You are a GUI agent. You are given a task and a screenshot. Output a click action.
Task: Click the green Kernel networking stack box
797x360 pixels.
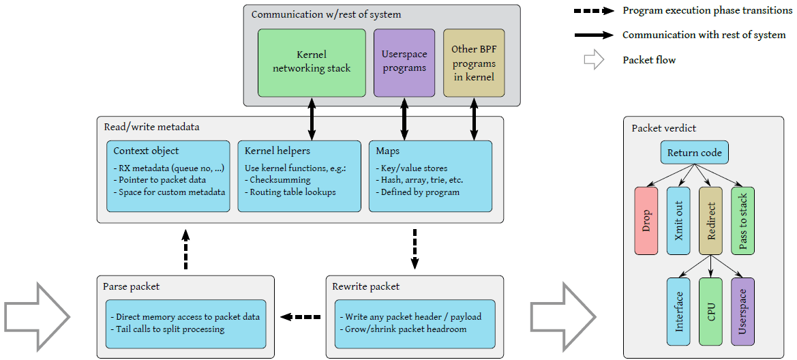point(312,62)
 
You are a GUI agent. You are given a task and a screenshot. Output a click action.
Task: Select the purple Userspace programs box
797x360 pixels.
point(404,62)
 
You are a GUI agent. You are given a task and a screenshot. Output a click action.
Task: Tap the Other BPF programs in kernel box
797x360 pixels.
point(474,62)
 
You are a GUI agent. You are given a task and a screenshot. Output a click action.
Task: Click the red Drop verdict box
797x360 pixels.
point(646,220)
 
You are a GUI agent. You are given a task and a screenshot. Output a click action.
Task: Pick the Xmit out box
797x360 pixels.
point(678,220)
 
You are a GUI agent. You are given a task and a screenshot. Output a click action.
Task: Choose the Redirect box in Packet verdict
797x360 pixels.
point(710,220)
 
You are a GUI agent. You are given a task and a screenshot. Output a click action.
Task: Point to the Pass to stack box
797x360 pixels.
point(742,220)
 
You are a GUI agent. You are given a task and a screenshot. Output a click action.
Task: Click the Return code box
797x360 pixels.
point(694,153)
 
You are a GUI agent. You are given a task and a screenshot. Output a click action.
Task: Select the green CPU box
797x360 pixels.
point(710,311)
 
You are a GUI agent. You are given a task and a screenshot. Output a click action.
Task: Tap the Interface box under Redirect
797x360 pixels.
point(678,311)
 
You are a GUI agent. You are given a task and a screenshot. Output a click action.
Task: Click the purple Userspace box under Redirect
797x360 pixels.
point(742,311)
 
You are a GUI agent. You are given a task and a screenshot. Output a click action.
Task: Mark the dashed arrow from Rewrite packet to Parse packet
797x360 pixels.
point(301,317)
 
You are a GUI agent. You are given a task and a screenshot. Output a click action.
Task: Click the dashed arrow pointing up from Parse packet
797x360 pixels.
point(185,248)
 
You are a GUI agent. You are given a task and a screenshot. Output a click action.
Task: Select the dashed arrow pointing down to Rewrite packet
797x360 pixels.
point(415,248)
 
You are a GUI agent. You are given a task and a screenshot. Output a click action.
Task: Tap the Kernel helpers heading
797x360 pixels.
point(277,151)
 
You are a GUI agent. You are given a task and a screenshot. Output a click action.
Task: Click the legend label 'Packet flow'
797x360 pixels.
point(649,60)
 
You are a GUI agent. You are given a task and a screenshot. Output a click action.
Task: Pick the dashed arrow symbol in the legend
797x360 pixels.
point(595,11)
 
